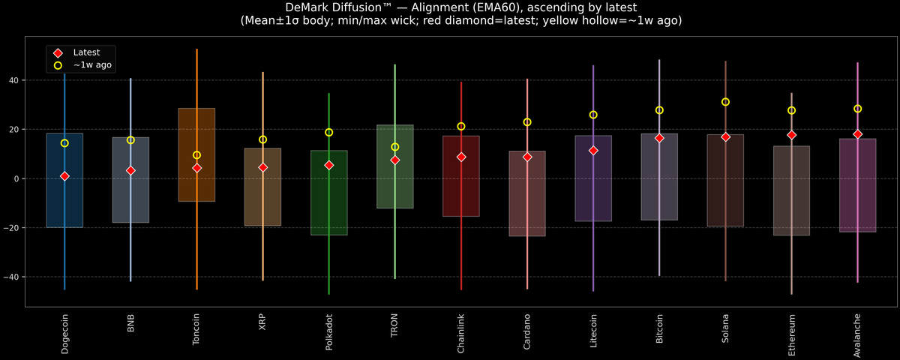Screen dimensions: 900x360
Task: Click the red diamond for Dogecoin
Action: [64, 176]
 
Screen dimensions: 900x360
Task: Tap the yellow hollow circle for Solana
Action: [725, 102]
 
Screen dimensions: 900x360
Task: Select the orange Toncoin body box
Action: [196, 154]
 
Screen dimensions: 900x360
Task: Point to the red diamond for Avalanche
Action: [857, 134]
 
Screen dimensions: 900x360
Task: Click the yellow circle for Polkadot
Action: [328, 132]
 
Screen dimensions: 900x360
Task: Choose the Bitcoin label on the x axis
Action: [659, 328]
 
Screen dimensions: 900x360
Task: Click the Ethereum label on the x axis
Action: [791, 335]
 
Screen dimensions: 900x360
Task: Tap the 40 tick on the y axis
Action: [13, 80]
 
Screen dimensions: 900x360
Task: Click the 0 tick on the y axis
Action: [16, 178]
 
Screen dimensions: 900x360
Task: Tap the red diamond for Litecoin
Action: [593, 150]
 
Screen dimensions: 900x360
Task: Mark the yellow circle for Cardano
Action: [527, 121]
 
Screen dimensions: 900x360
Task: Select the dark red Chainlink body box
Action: [461, 176]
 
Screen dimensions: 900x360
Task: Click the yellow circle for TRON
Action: [395, 147]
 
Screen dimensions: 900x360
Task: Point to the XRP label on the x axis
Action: [262, 322]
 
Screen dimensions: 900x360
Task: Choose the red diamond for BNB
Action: [130, 170]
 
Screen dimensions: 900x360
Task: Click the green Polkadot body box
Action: [329, 193]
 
